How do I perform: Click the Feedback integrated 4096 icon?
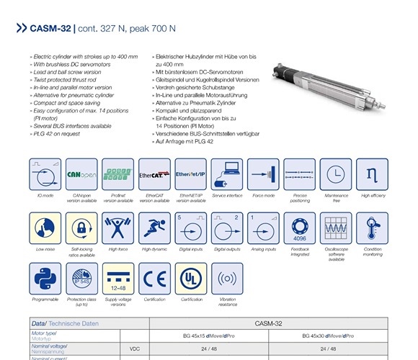click(300, 228)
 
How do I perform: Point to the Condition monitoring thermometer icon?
click(372, 228)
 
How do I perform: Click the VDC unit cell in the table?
click(133, 347)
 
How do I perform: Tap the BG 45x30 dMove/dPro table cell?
click(329, 336)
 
